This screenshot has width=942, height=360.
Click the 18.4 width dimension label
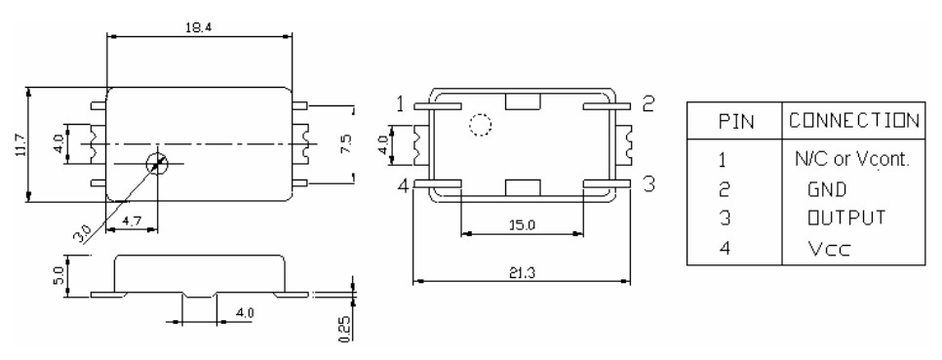(x=199, y=27)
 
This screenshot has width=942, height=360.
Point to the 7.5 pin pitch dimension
(x=346, y=144)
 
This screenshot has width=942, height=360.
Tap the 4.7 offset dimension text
(x=132, y=221)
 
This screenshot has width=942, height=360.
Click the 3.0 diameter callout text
(x=82, y=232)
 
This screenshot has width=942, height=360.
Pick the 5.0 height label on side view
(x=59, y=276)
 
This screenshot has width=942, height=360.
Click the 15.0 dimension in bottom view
(x=522, y=225)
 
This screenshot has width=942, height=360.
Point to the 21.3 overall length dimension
(x=521, y=272)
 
